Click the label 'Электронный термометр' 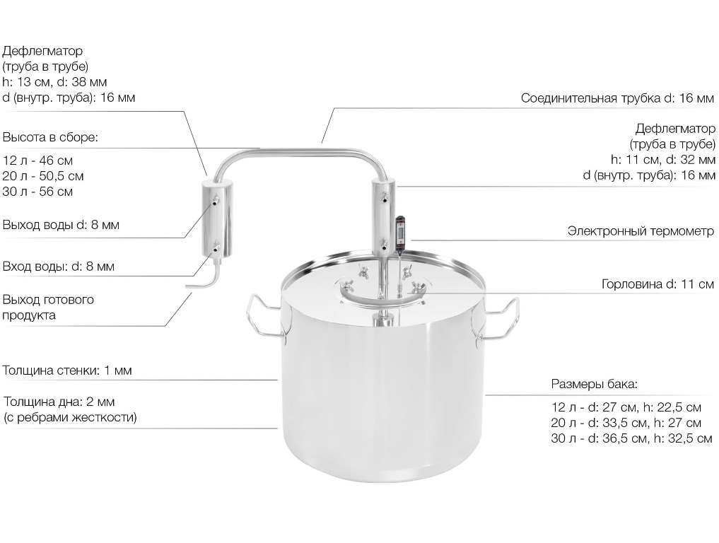(x=641, y=230)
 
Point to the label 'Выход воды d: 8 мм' (x=61, y=225)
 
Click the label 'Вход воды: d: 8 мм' (x=59, y=267)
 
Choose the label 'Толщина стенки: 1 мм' (x=67, y=370)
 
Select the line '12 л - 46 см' (x=37, y=160)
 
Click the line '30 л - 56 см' (x=37, y=191)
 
